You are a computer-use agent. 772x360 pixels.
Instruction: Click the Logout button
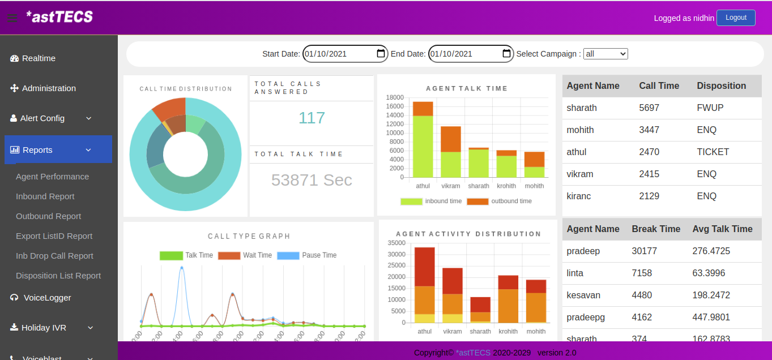[x=735, y=18]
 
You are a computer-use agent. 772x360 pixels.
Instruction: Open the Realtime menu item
[x=39, y=58]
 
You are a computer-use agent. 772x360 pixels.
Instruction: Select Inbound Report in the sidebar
[x=45, y=196]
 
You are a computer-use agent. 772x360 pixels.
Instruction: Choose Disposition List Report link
[x=58, y=276]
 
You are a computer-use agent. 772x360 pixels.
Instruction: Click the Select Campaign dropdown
[x=605, y=54]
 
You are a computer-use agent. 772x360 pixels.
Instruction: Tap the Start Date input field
[x=339, y=54]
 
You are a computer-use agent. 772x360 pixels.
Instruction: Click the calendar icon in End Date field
[x=506, y=54]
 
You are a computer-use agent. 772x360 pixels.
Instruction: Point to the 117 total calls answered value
[x=312, y=118]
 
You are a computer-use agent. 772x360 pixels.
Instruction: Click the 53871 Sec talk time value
[x=312, y=180]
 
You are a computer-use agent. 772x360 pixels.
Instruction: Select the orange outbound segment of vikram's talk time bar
[x=451, y=139]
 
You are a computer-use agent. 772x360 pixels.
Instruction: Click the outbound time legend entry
[x=499, y=202]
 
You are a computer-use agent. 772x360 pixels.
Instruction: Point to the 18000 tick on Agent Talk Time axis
[x=394, y=97]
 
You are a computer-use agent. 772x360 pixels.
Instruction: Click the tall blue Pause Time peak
[x=181, y=268]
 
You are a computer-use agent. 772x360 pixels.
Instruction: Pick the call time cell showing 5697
[x=649, y=108]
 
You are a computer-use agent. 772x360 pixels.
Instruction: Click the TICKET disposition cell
[x=713, y=152]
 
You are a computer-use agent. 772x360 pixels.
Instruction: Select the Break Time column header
[x=656, y=229]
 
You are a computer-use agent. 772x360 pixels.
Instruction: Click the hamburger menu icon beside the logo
[x=12, y=18]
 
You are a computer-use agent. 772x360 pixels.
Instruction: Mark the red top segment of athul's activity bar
[x=424, y=267]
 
